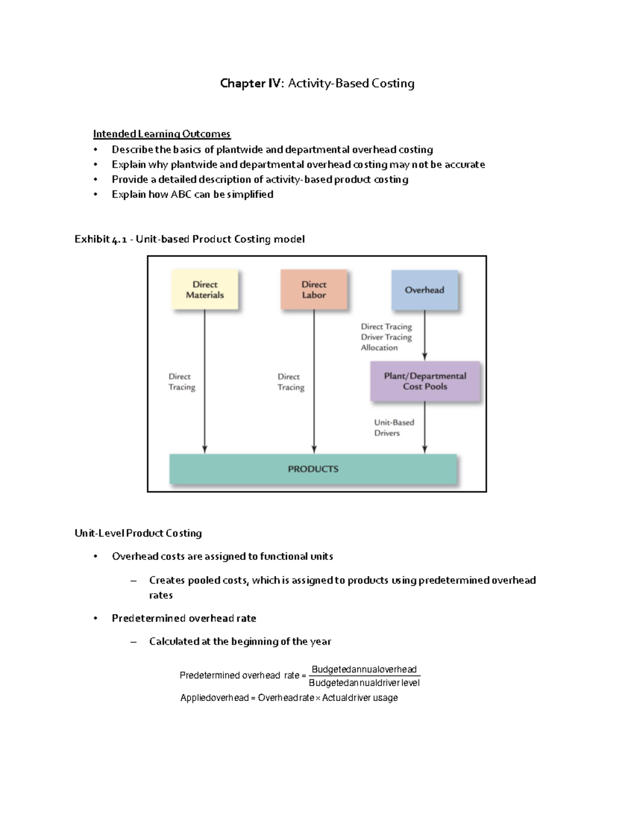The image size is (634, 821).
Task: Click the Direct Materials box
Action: point(205,290)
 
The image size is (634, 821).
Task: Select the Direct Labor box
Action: point(314,290)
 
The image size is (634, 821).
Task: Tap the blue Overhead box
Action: point(424,290)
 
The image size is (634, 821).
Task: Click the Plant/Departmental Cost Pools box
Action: point(425,381)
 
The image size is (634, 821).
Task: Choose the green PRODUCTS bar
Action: point(313,469)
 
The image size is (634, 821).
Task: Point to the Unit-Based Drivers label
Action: point(394,428)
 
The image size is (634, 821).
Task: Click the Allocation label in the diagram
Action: point(379,347)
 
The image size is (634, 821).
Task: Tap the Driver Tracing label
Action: point(386,337)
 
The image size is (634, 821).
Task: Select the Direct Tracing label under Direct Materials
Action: point(182,382)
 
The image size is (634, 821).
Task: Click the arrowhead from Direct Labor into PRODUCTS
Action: point(314,449)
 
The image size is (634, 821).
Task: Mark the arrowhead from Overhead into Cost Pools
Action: point(425,357)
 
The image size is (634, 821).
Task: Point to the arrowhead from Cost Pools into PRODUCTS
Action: point(425,449)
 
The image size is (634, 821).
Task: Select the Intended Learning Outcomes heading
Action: point(162,134)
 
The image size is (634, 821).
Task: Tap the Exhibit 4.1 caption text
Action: point(189,239)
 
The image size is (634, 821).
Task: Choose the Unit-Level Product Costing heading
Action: point(138,533)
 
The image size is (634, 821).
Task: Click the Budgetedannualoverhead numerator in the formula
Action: point(364,669)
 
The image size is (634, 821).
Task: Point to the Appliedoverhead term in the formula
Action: point(214,698)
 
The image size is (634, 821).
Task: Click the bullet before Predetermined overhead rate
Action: point(96,619)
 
